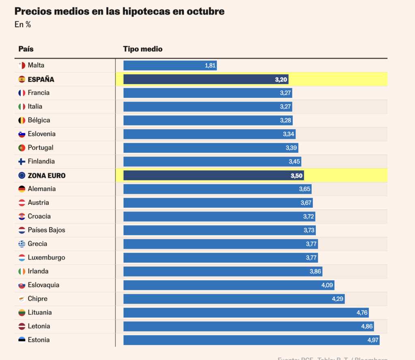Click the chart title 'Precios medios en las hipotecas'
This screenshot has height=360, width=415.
119,11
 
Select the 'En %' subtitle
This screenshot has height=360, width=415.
23,25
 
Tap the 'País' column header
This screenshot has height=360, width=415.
26,49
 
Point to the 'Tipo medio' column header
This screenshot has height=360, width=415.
143,49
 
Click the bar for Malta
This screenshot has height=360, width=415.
170,66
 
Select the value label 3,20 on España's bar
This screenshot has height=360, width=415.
281,79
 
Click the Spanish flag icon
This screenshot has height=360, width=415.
22,79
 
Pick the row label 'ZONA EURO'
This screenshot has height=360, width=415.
47,176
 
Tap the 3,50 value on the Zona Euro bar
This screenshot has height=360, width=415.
297,176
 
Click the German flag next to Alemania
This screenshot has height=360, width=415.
22,189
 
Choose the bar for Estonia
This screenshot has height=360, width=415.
251,340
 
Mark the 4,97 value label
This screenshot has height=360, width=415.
373,340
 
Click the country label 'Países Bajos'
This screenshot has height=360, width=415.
46,230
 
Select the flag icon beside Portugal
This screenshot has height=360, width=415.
22,148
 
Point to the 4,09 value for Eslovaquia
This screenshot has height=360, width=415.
327,285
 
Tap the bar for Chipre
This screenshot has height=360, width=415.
234,299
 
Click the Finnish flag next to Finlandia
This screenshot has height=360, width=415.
22,162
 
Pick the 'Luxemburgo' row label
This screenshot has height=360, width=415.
46,258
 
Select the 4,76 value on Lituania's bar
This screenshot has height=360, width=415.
362,313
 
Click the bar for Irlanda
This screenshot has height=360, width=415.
222,271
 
